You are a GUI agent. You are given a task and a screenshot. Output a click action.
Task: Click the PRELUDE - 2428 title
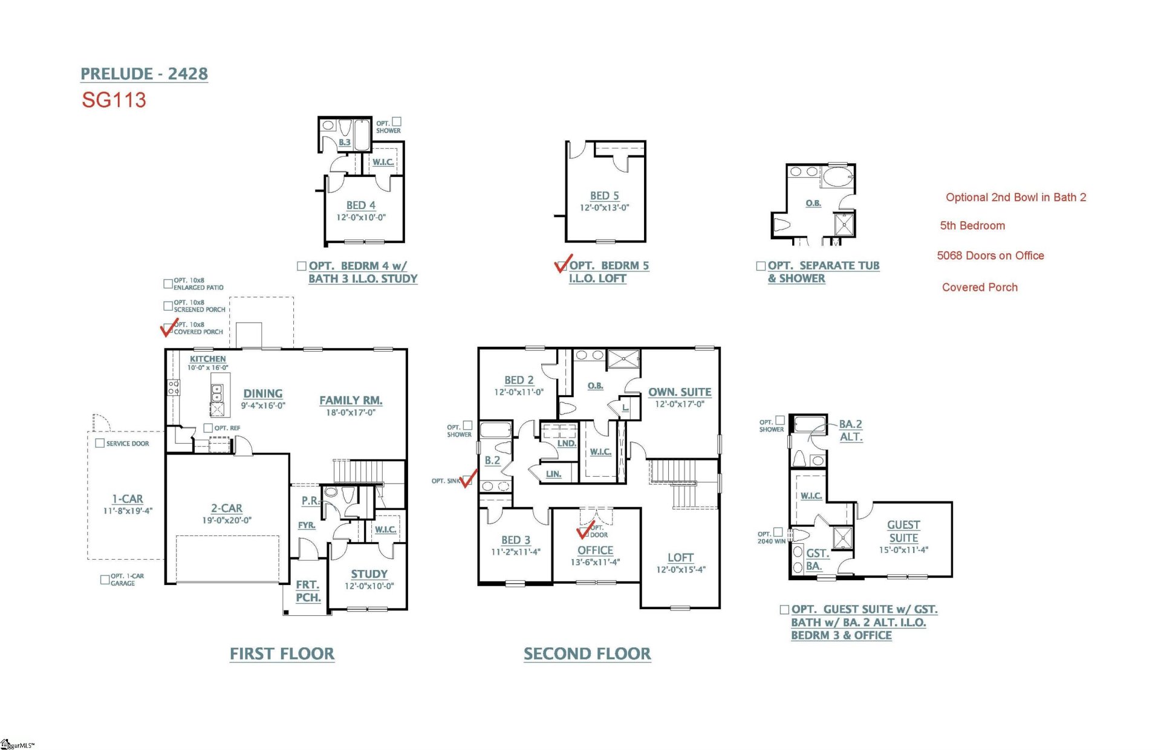[144, 74]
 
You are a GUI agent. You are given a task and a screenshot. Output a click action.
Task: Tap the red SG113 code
[114, 100]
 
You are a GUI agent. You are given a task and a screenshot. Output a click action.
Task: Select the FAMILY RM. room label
[351, 400]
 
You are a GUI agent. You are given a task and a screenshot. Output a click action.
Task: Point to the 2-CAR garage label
[227, 508]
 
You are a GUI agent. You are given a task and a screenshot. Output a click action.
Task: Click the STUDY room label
[369, 574]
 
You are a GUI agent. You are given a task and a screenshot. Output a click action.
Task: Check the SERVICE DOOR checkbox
[100, 443]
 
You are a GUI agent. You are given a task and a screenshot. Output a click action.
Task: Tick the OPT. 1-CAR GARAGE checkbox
[105, 579]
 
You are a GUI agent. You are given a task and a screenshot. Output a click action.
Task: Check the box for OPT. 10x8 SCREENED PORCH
[168, 306]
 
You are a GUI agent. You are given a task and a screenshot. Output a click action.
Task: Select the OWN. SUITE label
[680, 392]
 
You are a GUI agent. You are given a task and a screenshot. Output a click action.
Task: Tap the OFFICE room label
[595, 551]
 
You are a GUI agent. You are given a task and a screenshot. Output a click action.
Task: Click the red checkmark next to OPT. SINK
[469, 480]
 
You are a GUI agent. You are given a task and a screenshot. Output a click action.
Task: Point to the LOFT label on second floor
[680, 558]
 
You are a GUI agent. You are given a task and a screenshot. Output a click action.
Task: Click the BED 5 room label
[604, 196]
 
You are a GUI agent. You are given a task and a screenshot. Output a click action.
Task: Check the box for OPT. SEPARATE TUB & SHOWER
[761, 266]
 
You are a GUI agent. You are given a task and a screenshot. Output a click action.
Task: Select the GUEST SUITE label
[903, 531]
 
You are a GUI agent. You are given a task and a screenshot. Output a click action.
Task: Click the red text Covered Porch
[980, 288]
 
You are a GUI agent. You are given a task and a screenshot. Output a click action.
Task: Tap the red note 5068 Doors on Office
[990, 256]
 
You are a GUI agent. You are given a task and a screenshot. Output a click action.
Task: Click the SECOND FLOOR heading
[587, 654]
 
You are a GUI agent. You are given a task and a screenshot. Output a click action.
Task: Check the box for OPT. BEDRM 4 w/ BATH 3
[302, 266]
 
